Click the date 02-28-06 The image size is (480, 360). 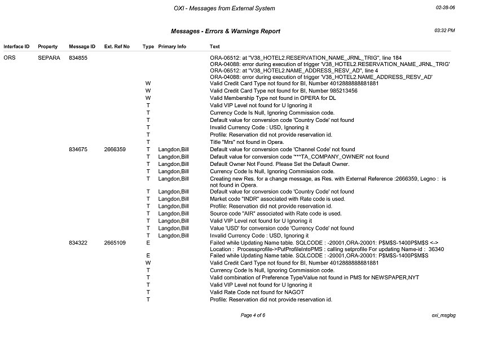tap(446, 8)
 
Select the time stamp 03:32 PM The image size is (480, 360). tap(444, 30)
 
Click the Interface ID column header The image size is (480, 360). tap(16, 46)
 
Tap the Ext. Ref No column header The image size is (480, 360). tap(117, 46)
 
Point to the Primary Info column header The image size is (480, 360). tap(172, 46)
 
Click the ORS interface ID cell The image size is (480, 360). tap(9, 58)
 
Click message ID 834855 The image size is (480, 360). tap(78, 58)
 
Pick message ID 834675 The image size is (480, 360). tap(78, 150)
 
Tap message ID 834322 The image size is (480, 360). tap(78, 242)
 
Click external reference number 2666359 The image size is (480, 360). tap(115, 150)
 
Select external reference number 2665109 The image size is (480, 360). tap(115, 242)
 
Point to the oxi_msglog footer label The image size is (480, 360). tap(443, 315)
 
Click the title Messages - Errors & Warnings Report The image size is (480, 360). tap(225, 32)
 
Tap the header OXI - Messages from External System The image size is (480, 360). tap(224, 8)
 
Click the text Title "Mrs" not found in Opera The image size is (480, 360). tap(246, 142)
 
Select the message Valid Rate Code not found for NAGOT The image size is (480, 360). tap(257, 292)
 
